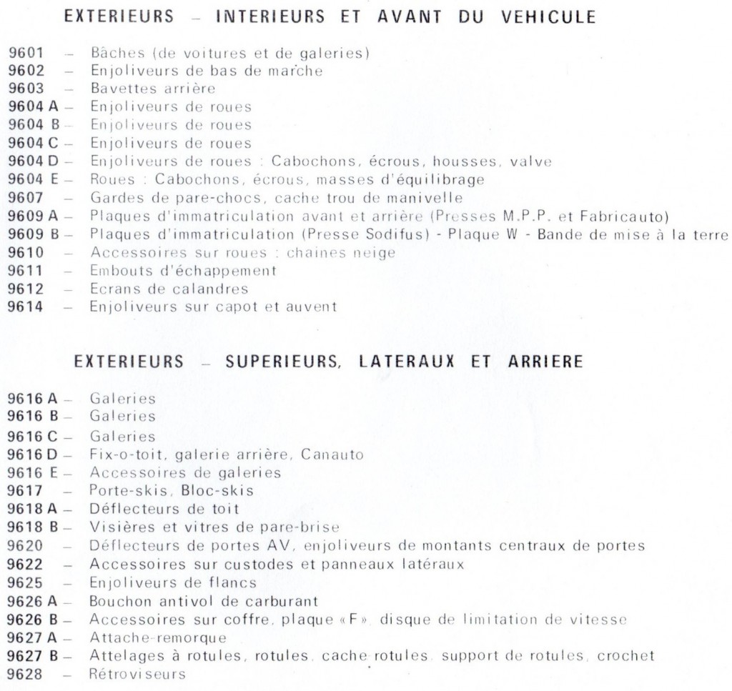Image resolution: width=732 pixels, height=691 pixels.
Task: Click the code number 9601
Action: (26, 53)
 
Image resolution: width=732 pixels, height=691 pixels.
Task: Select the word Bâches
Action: (112, 53)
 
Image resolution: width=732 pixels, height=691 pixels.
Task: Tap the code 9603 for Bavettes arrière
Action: (26, 89)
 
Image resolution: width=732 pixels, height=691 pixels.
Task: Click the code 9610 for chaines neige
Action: (26, 253)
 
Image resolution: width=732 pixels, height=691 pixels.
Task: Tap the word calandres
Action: (212, 289)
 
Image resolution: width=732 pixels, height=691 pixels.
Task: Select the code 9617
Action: (26, 491)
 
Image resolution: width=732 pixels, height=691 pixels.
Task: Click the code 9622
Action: (26, 565)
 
